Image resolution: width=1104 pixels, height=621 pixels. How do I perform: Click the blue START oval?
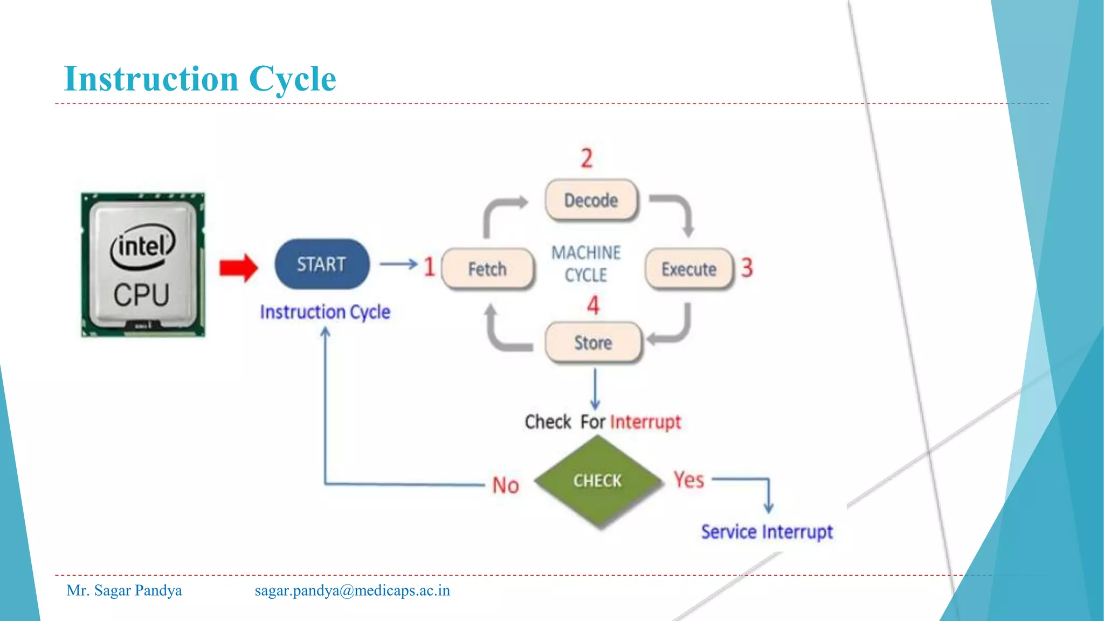(x=322, y=264)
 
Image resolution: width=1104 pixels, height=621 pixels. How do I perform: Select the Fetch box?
(x=488, y=269)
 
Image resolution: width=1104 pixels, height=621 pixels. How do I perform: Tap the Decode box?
(x=591, y=201)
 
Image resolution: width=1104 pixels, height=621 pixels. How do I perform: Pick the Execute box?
(x=689, y=269)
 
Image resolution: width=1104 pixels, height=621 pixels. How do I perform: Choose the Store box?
(x=594, y=343)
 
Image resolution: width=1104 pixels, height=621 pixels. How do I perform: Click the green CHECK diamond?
(x=598, y=481)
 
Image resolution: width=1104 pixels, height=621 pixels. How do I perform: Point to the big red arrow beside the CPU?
(x=238, y=268)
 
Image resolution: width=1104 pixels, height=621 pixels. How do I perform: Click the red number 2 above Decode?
(x=586, y=158)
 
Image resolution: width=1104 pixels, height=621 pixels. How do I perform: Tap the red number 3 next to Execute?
(x=747, y=267)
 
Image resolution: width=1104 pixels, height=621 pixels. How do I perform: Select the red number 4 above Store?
(x=593, y=305)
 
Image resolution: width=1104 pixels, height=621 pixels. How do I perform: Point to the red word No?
(x=506, y=485)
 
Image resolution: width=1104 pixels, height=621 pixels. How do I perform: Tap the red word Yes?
(x=689, y=480)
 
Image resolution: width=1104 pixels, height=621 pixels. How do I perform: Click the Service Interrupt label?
(x=767, y=532)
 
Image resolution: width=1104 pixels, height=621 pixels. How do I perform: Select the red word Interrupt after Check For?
(x=645, y=422)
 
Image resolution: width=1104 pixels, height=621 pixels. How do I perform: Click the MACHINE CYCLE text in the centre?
(x=586, y=264)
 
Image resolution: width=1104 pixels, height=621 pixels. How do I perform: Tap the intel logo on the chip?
(x=142, y=246)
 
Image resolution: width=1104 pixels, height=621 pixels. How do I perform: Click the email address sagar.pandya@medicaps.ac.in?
(x=353, y=591)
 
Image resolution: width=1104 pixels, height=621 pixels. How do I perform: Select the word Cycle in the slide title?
(x=292, y=79)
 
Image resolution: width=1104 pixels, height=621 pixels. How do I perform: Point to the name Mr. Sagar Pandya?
(x=124, y=591)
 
